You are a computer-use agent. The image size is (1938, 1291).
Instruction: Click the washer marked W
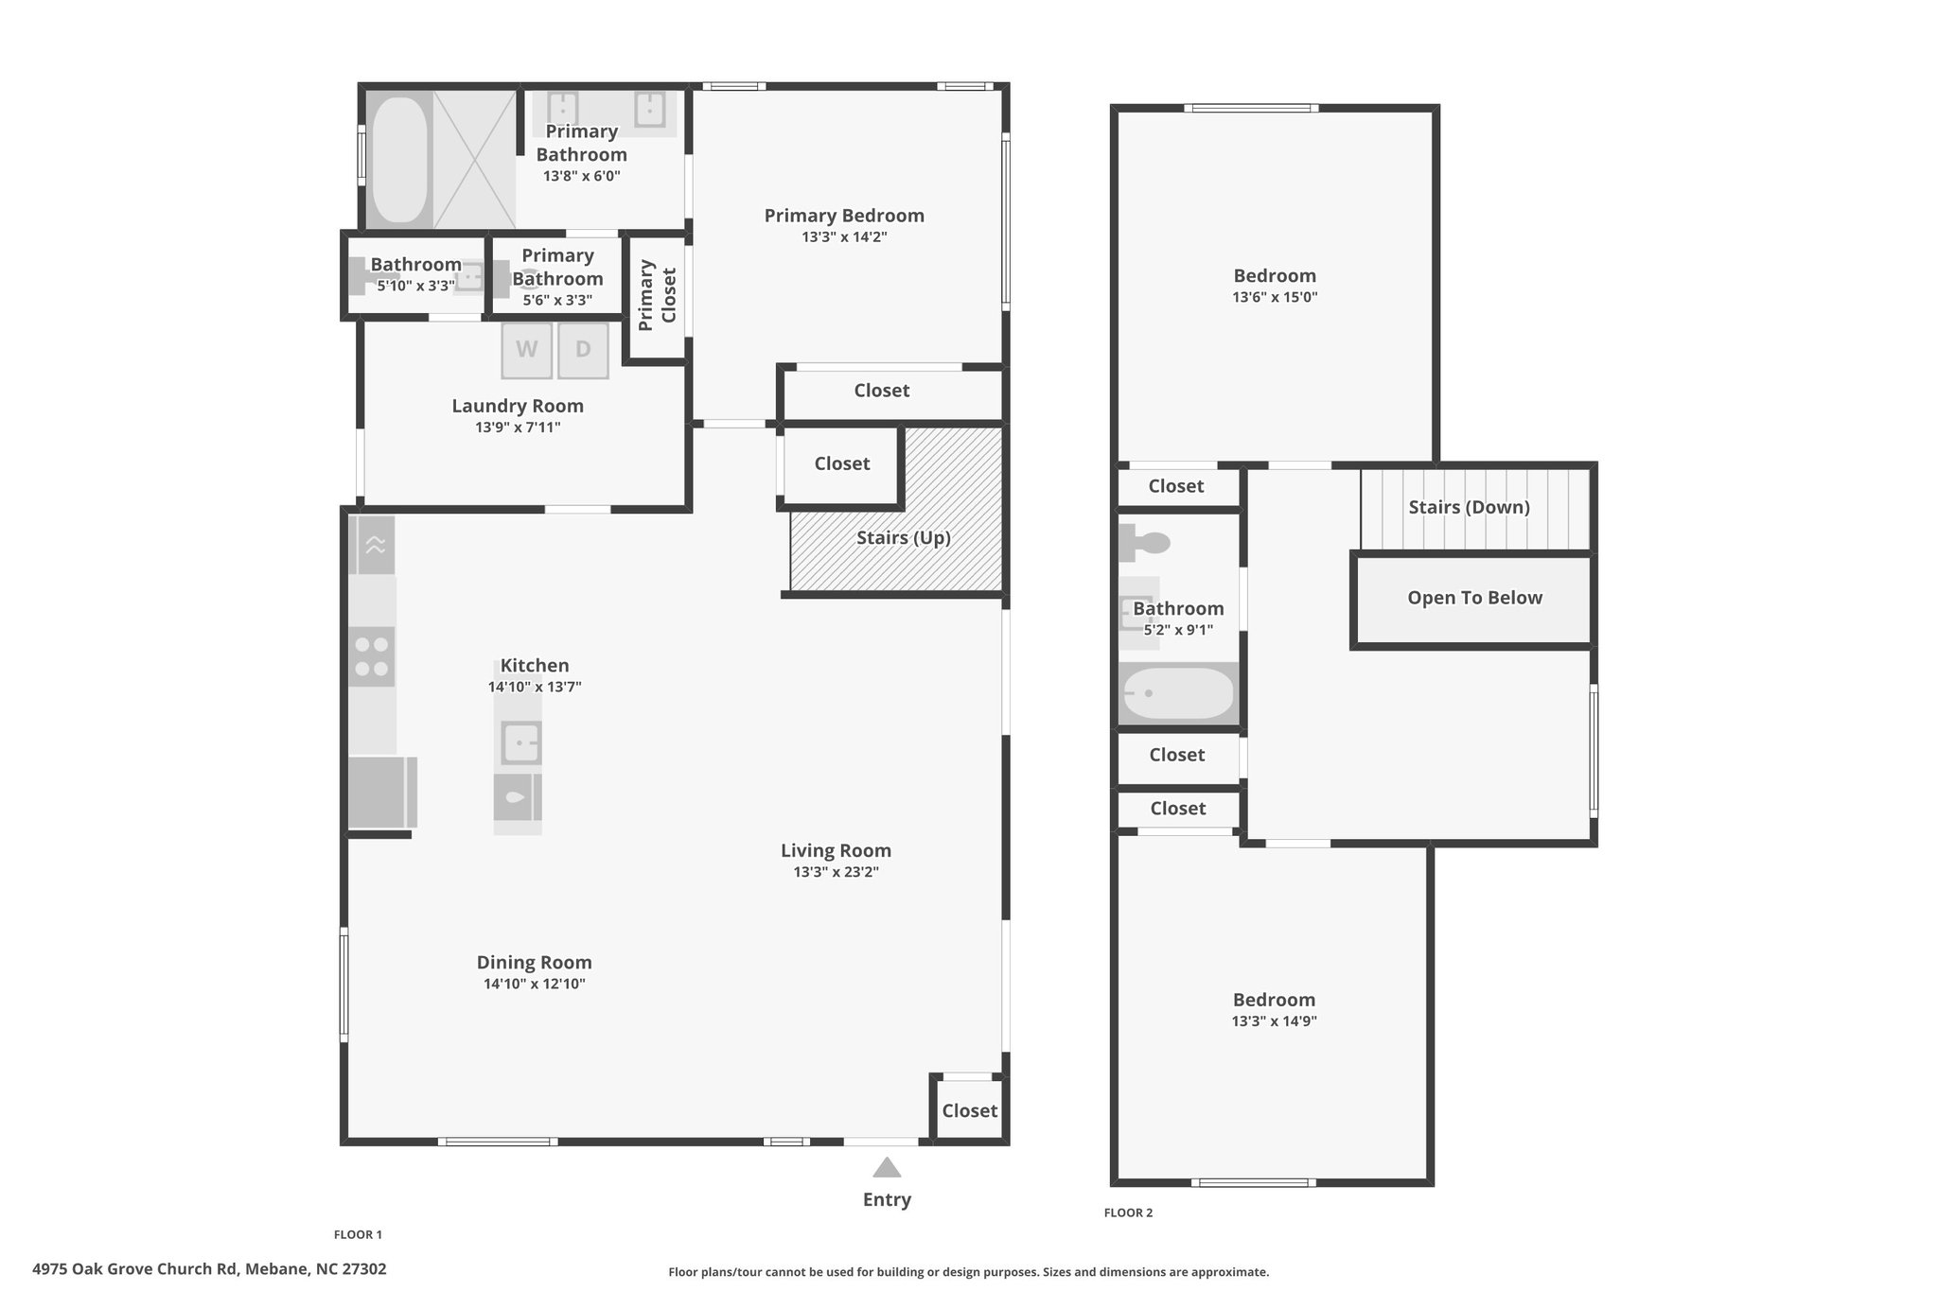[x=527, y=350]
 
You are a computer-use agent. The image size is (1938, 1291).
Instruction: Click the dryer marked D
[x=583, y=350]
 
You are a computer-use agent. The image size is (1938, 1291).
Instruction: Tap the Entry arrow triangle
[x=887, y=1167]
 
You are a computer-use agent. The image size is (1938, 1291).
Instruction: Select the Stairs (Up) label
[x=904, y=537]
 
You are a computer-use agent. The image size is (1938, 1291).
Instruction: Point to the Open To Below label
[x=1474, y=598]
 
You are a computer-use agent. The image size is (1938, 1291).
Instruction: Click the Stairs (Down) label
[x=1469, y=507]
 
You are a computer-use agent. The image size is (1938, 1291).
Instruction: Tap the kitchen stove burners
[x=371, y=656]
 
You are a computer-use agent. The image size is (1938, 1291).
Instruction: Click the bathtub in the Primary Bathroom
[x=400, y=160]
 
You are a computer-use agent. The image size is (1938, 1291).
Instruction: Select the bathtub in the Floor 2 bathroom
[x=1178, y=694]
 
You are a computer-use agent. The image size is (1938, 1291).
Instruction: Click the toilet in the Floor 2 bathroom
[x=1144, y=543]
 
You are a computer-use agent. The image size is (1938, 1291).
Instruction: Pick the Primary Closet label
[x=658, y=296]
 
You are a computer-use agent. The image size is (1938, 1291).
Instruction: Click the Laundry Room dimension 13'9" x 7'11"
[x=518, y=427]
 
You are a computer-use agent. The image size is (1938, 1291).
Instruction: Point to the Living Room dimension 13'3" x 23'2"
[x=837, y=872]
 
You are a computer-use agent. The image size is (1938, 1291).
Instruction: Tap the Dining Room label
[x=535, y=962]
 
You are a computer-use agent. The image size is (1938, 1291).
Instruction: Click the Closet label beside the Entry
[x=970, y=1110]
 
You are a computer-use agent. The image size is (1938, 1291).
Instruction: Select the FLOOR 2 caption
[x=1128, y=1212]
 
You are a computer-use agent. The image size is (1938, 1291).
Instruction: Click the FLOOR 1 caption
[x=358, y=1234]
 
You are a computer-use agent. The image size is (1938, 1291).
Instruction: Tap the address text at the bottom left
[x=209, y=1269]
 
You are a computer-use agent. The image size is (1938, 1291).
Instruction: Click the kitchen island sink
[x=519, y=743]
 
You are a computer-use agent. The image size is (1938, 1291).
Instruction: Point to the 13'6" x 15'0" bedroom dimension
[x=1275, y=297]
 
